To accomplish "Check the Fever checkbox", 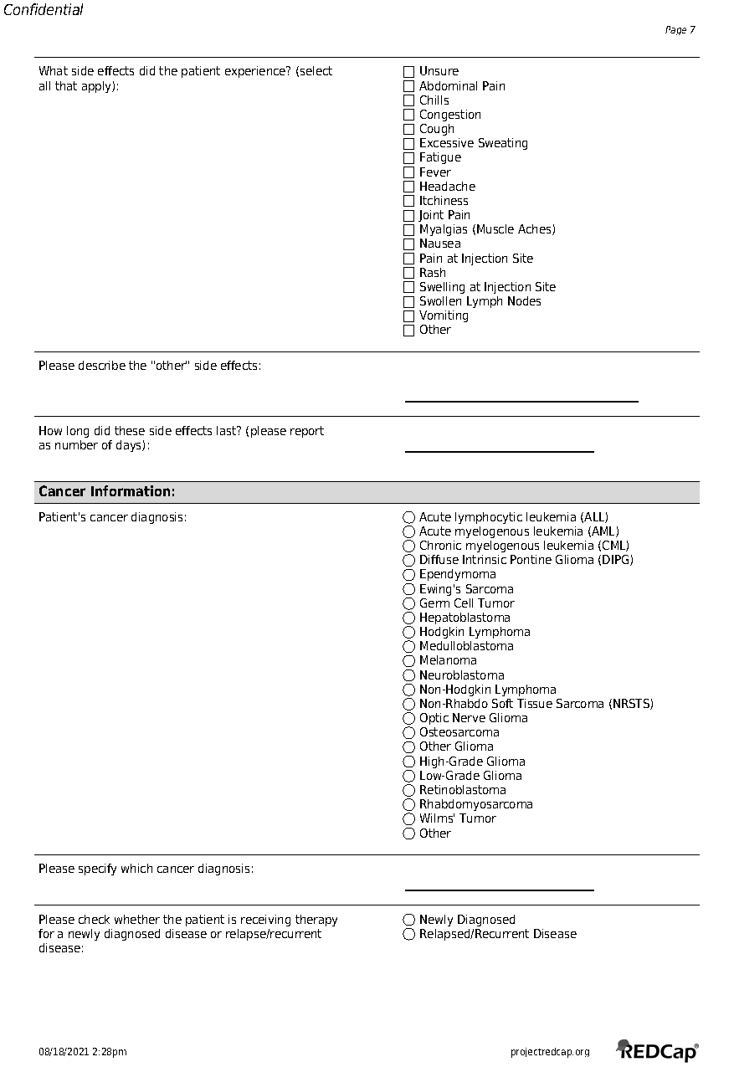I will coord(409,172).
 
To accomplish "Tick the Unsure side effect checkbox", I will coord(409,72).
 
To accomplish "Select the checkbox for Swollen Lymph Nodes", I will coord(409,302).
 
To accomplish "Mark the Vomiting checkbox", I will coord(409,316).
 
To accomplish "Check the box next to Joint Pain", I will coord(409,216).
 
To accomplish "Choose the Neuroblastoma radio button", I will coord(409,675).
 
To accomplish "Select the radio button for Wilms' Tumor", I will coord(409,819).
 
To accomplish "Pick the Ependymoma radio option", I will coord(409,575).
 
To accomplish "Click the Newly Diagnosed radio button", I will coord(409,920).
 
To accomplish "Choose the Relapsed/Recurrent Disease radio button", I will coord(409,934).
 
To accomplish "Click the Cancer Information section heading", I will coord(107,492).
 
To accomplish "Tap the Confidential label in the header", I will coord(44,10).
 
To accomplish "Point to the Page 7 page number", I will coord(680,30).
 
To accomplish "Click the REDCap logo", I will coord(658,1051).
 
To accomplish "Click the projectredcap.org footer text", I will coord(550,1052).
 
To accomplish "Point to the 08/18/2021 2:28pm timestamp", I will coord(83,1052).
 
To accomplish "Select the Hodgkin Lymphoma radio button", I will coord(409,632).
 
